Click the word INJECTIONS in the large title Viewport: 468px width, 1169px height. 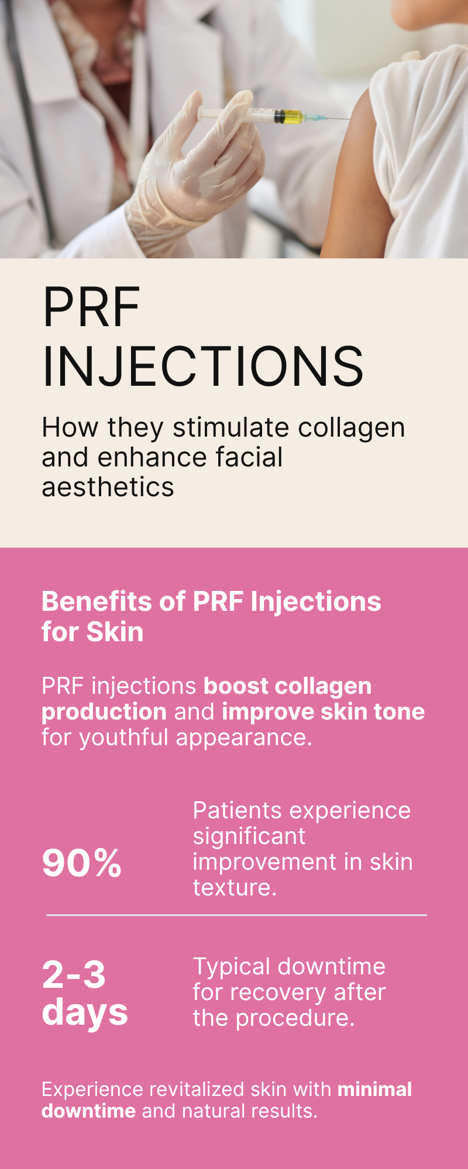pos(203,366)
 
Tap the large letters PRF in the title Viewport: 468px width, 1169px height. pos(91,307)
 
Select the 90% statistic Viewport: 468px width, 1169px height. pos(82,863)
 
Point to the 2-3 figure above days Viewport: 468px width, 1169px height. pos(74,974)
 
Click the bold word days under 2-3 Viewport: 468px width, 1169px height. pos(85,1012)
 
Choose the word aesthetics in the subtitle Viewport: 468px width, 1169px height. pos(108,487)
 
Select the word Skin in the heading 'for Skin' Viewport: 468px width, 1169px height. pos(115,632)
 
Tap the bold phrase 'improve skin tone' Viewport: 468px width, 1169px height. pos(324,712)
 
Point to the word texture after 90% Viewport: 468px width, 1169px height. pos(235,888)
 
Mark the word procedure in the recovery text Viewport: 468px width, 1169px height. pos(295,1019)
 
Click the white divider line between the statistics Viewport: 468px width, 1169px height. pos(236,915)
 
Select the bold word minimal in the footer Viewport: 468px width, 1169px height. pos(375,1090)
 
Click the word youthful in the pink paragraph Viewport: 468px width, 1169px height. pos(125,738)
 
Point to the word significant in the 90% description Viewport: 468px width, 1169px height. pos(249,837)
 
